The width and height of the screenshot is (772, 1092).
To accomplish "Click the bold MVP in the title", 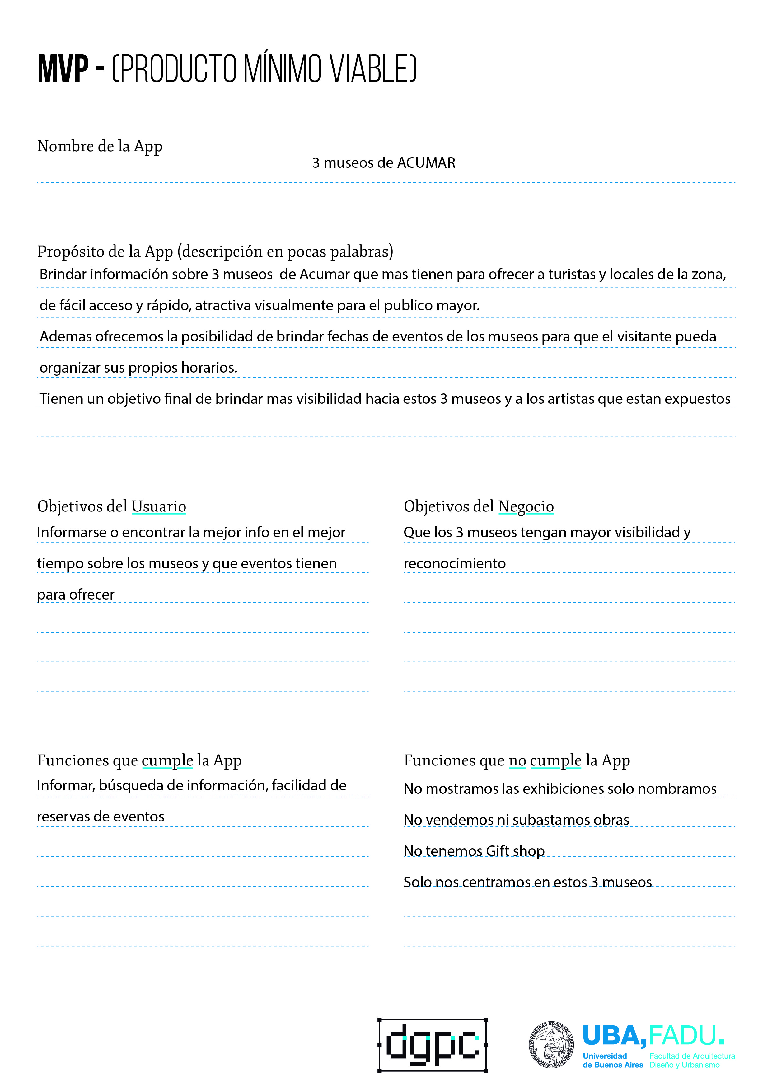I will (x=63, y=69).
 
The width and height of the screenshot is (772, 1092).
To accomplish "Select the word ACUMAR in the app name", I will (x=426, y=163).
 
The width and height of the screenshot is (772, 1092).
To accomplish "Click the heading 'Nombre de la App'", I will (x=100, y=146).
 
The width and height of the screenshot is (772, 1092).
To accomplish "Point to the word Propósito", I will (x=69, y=251).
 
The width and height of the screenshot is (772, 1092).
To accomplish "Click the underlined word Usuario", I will (x=158, y=506).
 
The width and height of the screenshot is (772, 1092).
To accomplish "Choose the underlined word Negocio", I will (x=526, y=506).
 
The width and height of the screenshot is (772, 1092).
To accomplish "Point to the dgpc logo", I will (x=433, y=1045).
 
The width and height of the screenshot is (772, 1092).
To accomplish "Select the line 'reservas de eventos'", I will (x=100, y=816).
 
